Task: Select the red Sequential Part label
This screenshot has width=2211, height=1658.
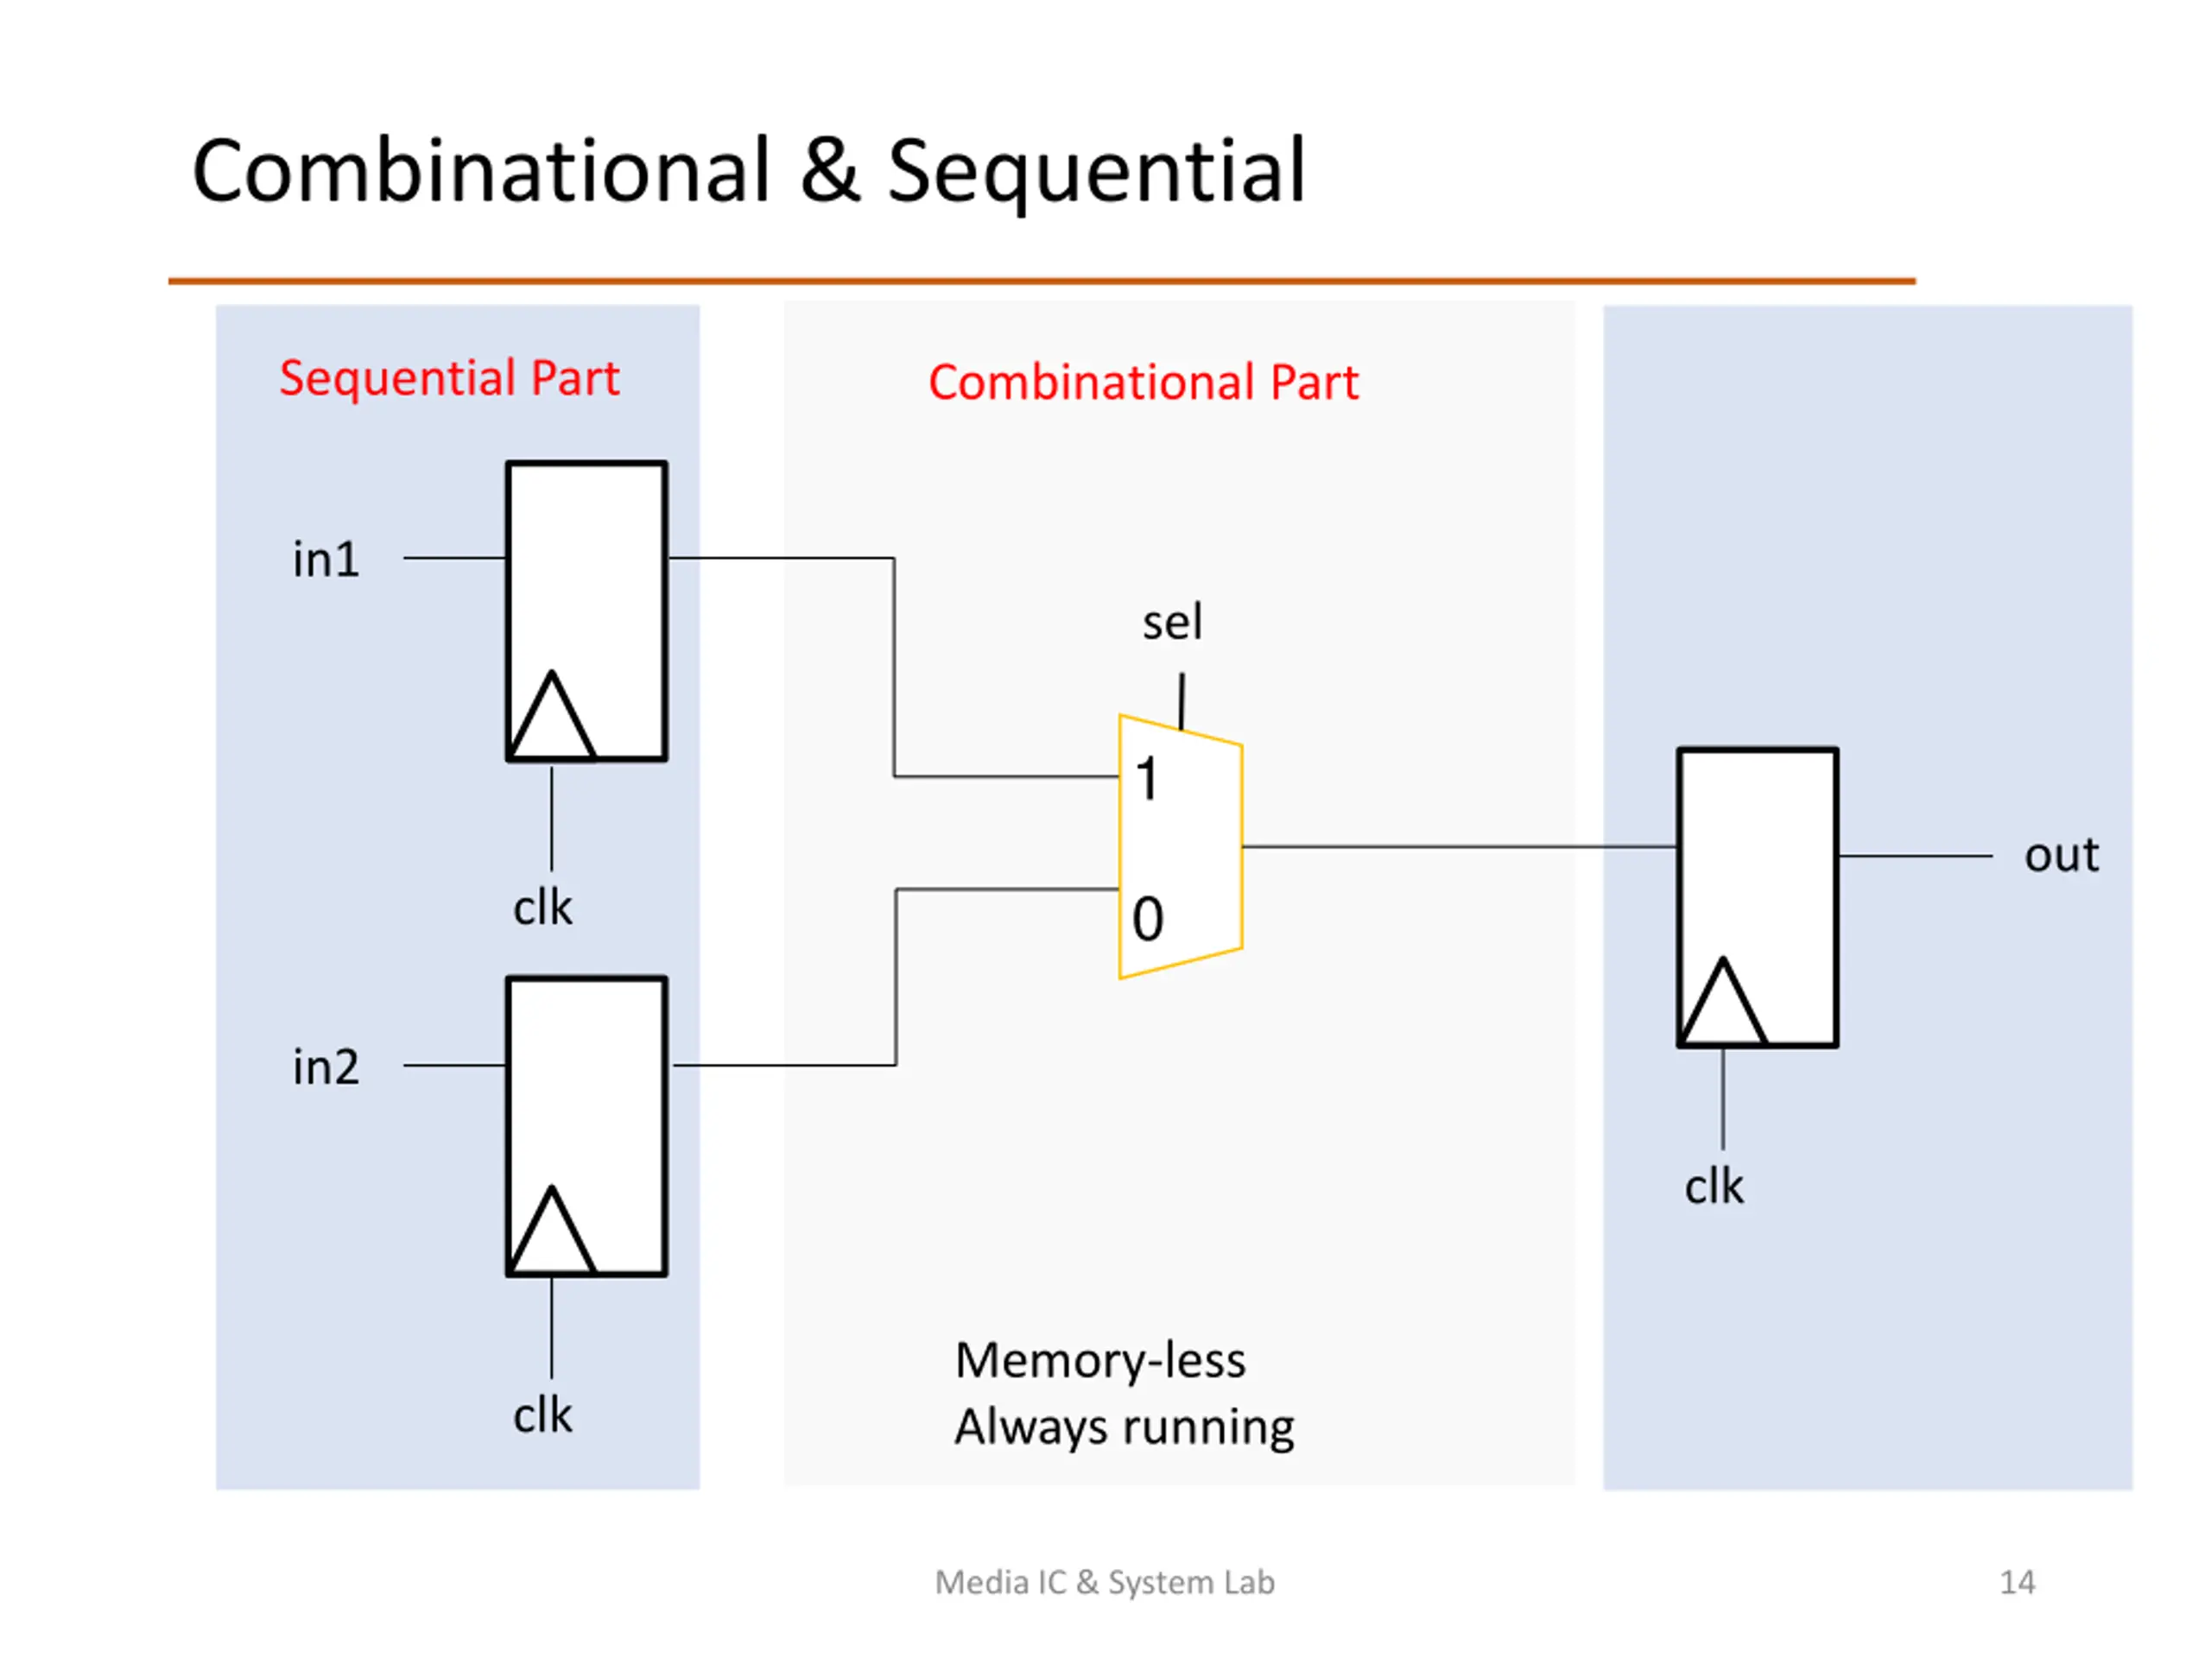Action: [449, 377]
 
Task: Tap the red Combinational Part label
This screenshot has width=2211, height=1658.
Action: [1144, 383]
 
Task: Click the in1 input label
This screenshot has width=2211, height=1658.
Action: [326, 560]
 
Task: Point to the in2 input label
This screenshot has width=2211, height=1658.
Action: [326, 1067]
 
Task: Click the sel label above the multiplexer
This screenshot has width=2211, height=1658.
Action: [1173, 623]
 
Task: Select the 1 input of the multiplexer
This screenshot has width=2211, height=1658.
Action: [1146, 779]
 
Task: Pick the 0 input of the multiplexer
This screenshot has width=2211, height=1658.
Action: [1148, 920]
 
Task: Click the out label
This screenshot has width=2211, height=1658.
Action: [2061, 856]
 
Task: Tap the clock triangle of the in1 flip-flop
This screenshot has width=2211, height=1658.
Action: [552, 716]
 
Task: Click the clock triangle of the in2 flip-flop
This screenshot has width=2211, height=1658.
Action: [552, 1231]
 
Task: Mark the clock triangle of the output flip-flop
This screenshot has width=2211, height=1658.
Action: [1723, 1002]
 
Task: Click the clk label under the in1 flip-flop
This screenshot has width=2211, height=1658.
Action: [542, 908]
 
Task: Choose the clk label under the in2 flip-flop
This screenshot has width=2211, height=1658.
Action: [542, 1416]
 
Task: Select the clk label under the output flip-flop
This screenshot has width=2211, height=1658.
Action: [1714, 1188]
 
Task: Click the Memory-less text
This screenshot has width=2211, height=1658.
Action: [1100, 1361]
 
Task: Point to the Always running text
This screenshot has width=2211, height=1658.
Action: [1125, 1428]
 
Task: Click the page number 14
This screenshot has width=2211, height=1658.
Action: [2017, 1582]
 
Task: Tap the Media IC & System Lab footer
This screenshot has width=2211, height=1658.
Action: [1105, 1583]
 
